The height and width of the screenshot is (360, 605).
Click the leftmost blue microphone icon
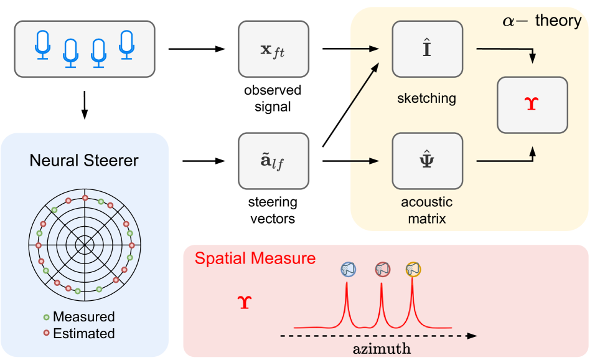point(42,45)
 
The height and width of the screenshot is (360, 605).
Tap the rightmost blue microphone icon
point(127,45)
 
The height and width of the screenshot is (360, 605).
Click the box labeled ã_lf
point(273,161)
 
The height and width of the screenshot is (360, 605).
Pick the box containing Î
point(427,49)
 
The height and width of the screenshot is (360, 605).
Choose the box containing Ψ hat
point(427,161)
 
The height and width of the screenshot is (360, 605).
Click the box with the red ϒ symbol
point(532,105)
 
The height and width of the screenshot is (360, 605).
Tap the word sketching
point(427,98)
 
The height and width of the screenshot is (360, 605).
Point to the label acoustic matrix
point(427,211)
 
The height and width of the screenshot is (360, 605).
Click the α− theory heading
point(541,21)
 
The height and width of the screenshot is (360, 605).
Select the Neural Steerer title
point(84,161)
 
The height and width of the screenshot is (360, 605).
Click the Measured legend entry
point(83,316)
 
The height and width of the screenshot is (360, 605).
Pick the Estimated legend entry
point(83,333)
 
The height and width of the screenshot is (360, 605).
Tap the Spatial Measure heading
point(255,258)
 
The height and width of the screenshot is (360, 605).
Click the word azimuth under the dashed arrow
point(382,349)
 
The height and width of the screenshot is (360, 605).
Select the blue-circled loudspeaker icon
point(348,269)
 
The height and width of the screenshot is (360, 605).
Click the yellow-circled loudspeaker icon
point(413,269)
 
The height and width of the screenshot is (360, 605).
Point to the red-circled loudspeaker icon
point(382,269)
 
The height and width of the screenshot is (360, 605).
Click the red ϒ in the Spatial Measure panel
point(245,304)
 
